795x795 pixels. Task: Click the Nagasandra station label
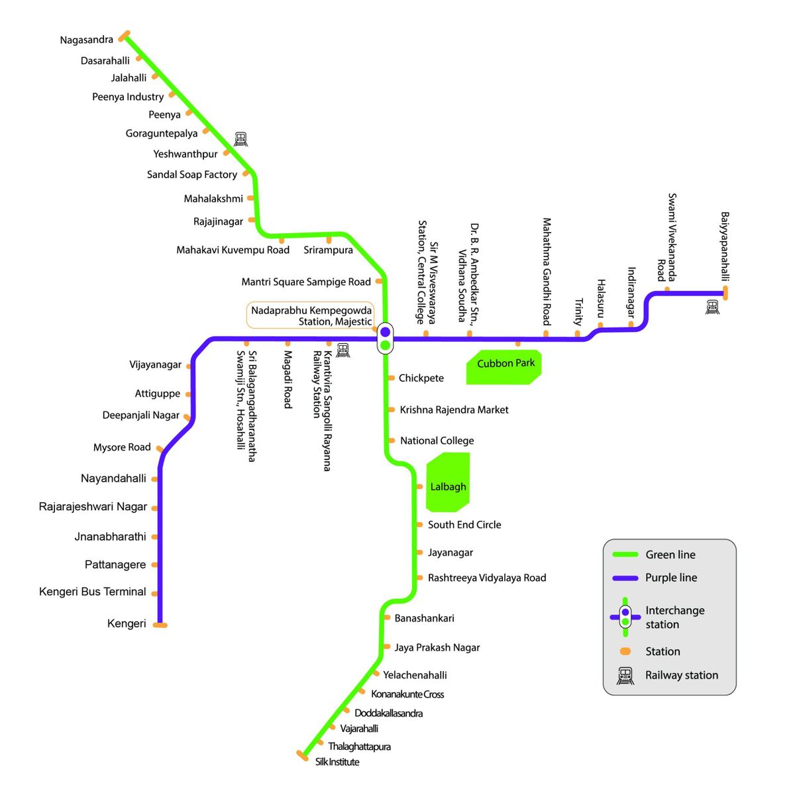(x=86, y=40)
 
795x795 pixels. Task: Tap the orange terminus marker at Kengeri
(x=160, y=625)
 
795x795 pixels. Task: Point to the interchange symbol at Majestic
(x=385, y=338)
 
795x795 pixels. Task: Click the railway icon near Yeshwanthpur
(x=240, y=139)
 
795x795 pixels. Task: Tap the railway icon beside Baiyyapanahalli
(x=712, y=307)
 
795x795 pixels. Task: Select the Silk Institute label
(x=337, y=762)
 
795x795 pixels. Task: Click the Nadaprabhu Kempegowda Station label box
(x=310, y=316)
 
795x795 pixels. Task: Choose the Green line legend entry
(x=670, y=555)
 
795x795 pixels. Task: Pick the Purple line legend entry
(x=670, y=578)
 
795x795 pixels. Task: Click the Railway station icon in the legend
(x=625, y=676)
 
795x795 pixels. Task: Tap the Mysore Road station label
(x=122, y=447)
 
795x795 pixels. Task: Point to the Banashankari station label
(x=424, y=618)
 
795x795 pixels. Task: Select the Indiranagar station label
(x=631, y=292)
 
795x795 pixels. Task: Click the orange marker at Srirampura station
(x=329, y=239)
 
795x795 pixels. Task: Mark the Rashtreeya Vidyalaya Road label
(x=487, y=578)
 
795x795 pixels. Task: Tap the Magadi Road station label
(x=288, y=379)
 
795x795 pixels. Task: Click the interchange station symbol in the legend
(x=625, y=617)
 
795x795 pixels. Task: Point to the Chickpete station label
(x=421, y=378)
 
